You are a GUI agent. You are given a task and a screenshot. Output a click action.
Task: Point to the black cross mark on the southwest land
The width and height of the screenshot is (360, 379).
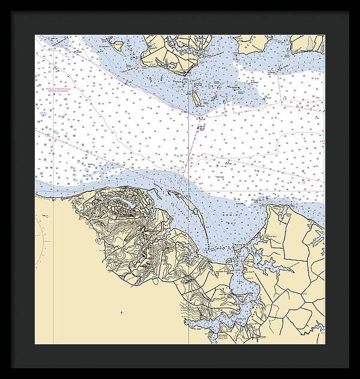click(x=121, y=312)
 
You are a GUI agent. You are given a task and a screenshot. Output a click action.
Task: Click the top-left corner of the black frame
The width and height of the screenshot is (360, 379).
click(x=2, y=2)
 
